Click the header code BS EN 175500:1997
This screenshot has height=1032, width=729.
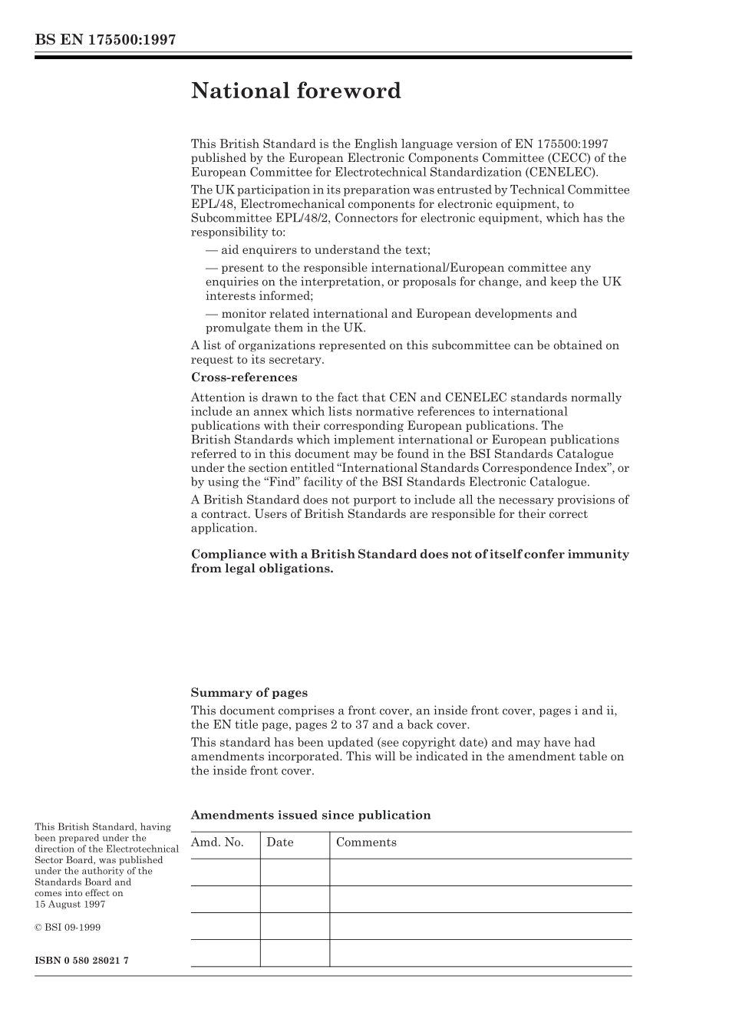(x=105, y=40)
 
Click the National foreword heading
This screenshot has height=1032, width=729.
(x=295, y=91)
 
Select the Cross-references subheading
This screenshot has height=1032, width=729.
(x=243, y=378)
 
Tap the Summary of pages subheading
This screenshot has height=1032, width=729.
(x=249, y=693)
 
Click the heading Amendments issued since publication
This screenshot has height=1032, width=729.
(x=310, y=816)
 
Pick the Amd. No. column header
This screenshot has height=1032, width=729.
(x=217, y=842)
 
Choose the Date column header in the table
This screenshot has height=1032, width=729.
(x=280, y=842)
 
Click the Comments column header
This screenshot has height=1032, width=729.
(x=366, y=842)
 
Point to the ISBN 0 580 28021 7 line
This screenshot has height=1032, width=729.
(x=81, y=961)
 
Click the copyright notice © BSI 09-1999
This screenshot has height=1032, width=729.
(x=68, y=927)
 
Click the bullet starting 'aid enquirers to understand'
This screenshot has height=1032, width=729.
(x=318, y=250)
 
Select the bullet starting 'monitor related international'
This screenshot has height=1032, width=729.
(x=391, y=314)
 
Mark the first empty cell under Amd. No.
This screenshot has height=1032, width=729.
(x=225, y=872)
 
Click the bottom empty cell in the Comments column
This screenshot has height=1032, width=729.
(x=480, y=953)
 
